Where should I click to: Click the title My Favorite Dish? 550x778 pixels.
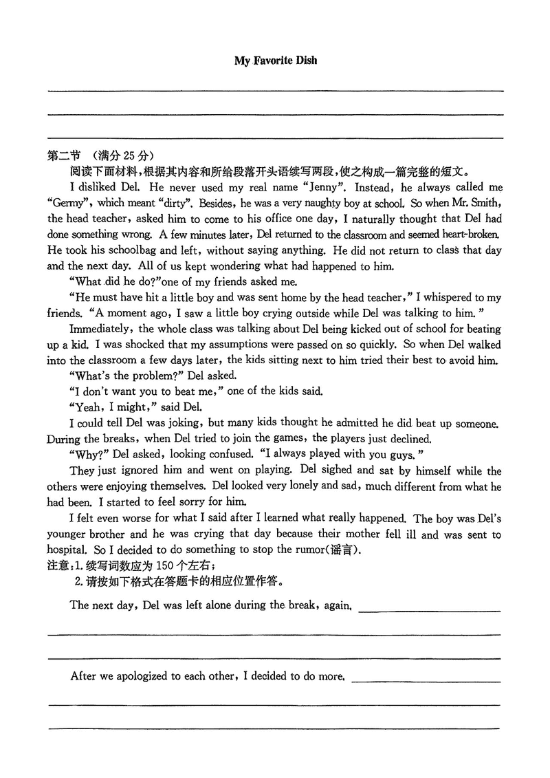coord(276,61)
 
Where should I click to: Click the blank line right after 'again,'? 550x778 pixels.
coord(430,609)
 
